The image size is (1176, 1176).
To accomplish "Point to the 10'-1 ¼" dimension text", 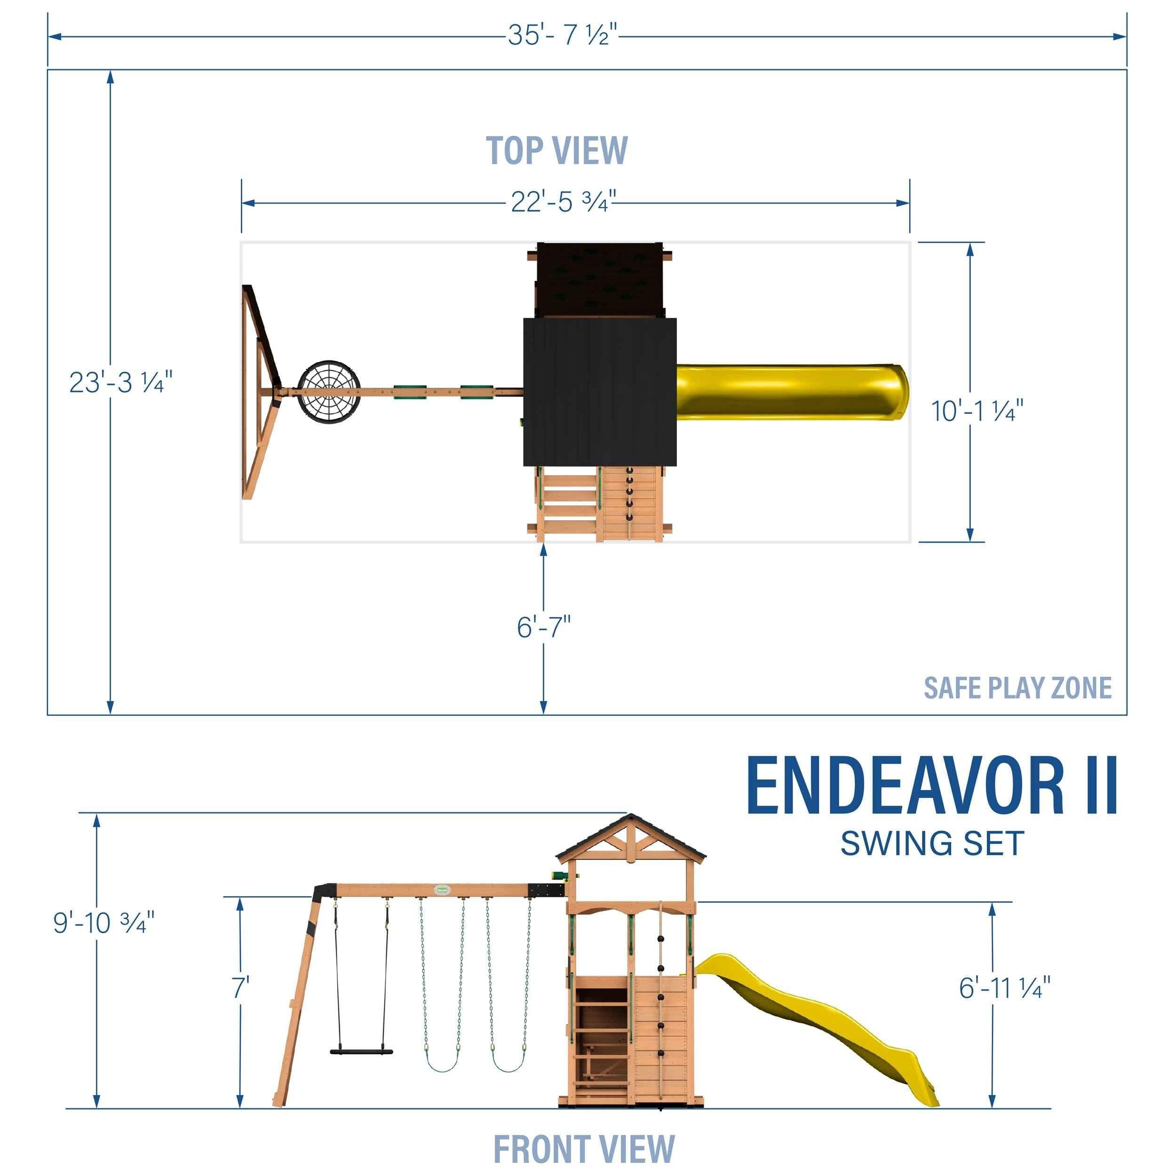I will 977,412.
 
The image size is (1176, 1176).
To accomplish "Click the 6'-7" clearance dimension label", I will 544,628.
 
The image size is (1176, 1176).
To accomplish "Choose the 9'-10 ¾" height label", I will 103,923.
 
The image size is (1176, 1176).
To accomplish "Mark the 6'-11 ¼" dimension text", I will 1005,988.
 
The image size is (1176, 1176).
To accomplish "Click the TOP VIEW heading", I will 556,151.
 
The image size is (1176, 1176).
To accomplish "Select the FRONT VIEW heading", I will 584,1149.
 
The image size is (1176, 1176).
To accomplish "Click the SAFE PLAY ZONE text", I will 1017,688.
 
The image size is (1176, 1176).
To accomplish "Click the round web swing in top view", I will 329,392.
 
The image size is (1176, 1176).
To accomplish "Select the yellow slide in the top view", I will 791,392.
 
